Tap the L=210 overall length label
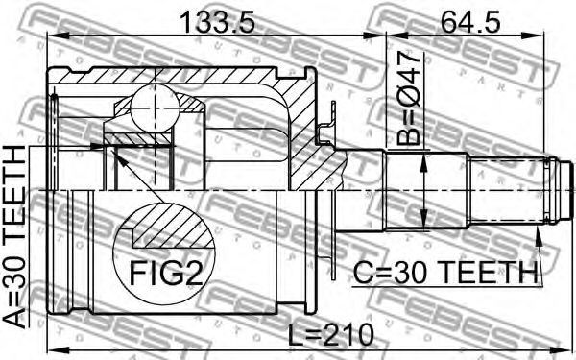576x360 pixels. point(330,333)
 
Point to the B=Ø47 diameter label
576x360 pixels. point(408,98)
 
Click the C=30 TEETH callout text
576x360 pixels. point(445,273)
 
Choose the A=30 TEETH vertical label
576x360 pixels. point(14,236)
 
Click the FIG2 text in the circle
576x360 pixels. point(166,273)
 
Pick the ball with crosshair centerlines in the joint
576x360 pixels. point(155,108)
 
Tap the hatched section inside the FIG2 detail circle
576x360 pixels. point(173,227)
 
